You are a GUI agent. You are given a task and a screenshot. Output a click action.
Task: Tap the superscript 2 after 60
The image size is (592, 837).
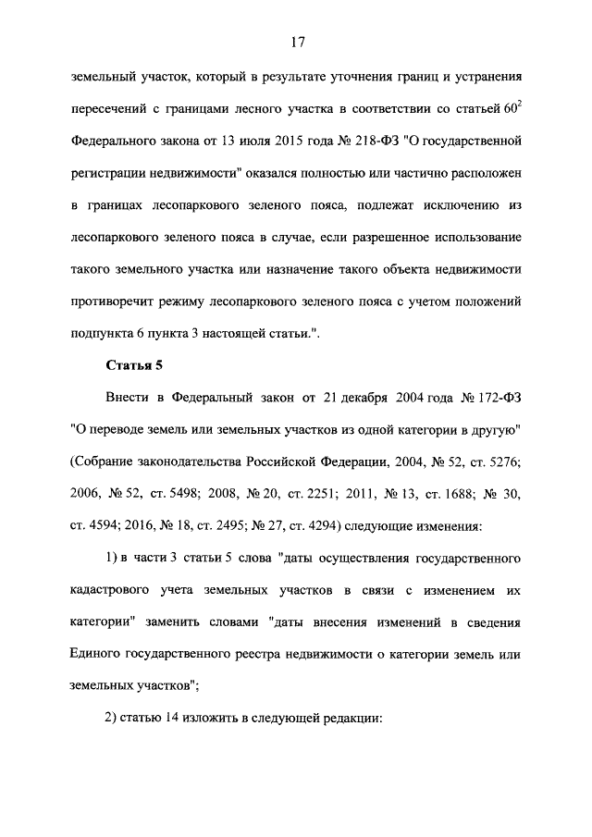(x=520, y=104)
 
